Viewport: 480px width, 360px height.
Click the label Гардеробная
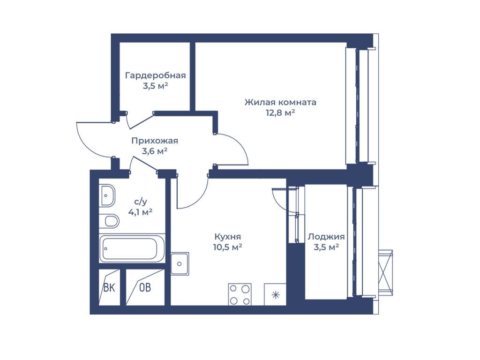coord(156,75)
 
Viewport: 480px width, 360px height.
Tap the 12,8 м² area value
coord(280,112)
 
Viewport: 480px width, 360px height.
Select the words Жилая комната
coord(280,102)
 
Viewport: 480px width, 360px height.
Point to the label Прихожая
coord(155,141)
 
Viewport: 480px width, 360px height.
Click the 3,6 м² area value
coord(155,151)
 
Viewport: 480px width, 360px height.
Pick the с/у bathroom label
coord(141,202)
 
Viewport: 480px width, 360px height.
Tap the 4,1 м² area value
coord(140,212)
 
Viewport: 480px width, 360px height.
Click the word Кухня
coord(227,237)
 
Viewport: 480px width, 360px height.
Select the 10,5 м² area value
coord(228,247)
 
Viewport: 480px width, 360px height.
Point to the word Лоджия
coord(326,237)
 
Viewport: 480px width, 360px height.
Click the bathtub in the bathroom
coord(132,248)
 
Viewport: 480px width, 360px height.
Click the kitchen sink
coord(180,264)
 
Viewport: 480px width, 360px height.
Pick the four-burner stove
coord(240,294)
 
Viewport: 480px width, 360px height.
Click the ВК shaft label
coord(109,287)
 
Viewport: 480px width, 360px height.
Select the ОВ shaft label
coord(145,287)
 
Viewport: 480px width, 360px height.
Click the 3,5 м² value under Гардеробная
coord(156,86)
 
